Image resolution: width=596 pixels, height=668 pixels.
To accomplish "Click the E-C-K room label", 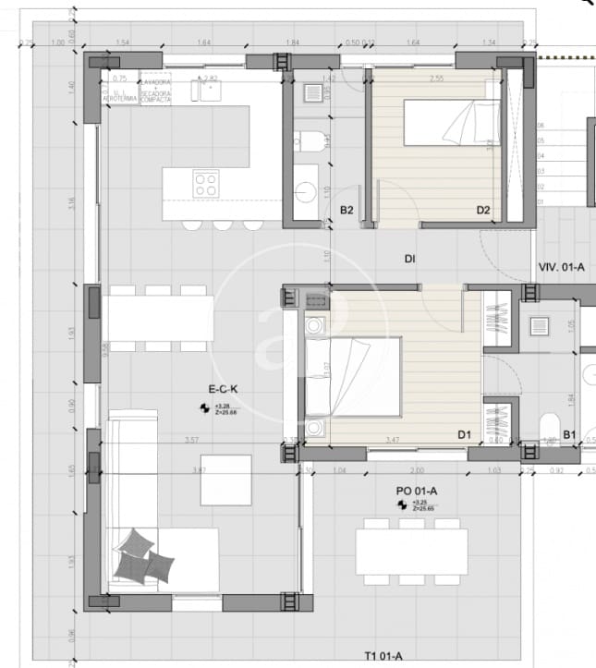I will [x=223, y=390].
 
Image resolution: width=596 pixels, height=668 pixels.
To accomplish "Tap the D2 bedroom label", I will [x=482, y=211].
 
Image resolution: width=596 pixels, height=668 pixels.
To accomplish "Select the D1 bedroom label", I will [x=464, y=433].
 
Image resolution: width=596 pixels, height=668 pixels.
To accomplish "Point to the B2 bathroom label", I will [x=347, y=211].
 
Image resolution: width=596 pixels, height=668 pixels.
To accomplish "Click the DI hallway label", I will [x=408, y=259].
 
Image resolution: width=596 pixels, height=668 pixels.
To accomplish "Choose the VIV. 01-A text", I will [x=561, y=267].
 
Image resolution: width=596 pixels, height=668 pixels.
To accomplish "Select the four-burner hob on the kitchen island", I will [x=205, y=184].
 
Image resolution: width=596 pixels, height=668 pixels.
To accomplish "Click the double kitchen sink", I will [x=207, y=91].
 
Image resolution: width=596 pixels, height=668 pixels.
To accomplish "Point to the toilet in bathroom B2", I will [x=310, y=141].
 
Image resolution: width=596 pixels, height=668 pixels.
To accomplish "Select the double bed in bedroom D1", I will [x=352, y=376].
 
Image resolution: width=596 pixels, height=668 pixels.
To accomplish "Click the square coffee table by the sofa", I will [x=225, y=480].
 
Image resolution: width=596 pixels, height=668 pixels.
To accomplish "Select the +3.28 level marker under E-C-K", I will [x=223, y=407].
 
